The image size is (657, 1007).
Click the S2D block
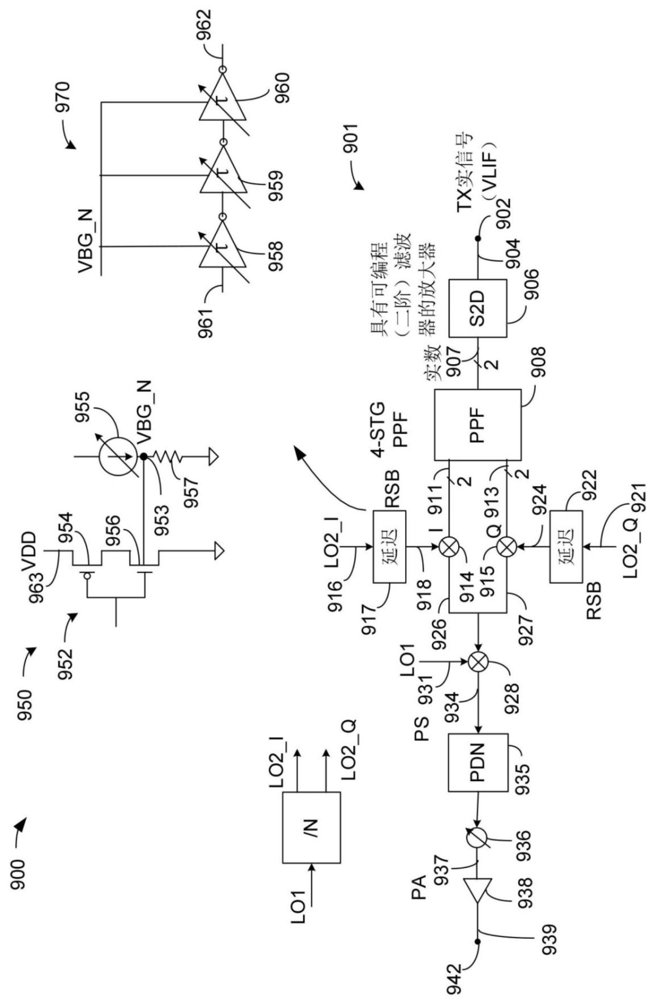(478, 309)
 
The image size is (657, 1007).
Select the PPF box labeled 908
(478, 425)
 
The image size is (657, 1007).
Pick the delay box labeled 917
(389, 547)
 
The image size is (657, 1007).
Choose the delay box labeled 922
(566, 547)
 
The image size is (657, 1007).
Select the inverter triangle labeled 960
(223, 100)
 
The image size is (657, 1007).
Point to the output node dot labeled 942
(478, 940)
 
